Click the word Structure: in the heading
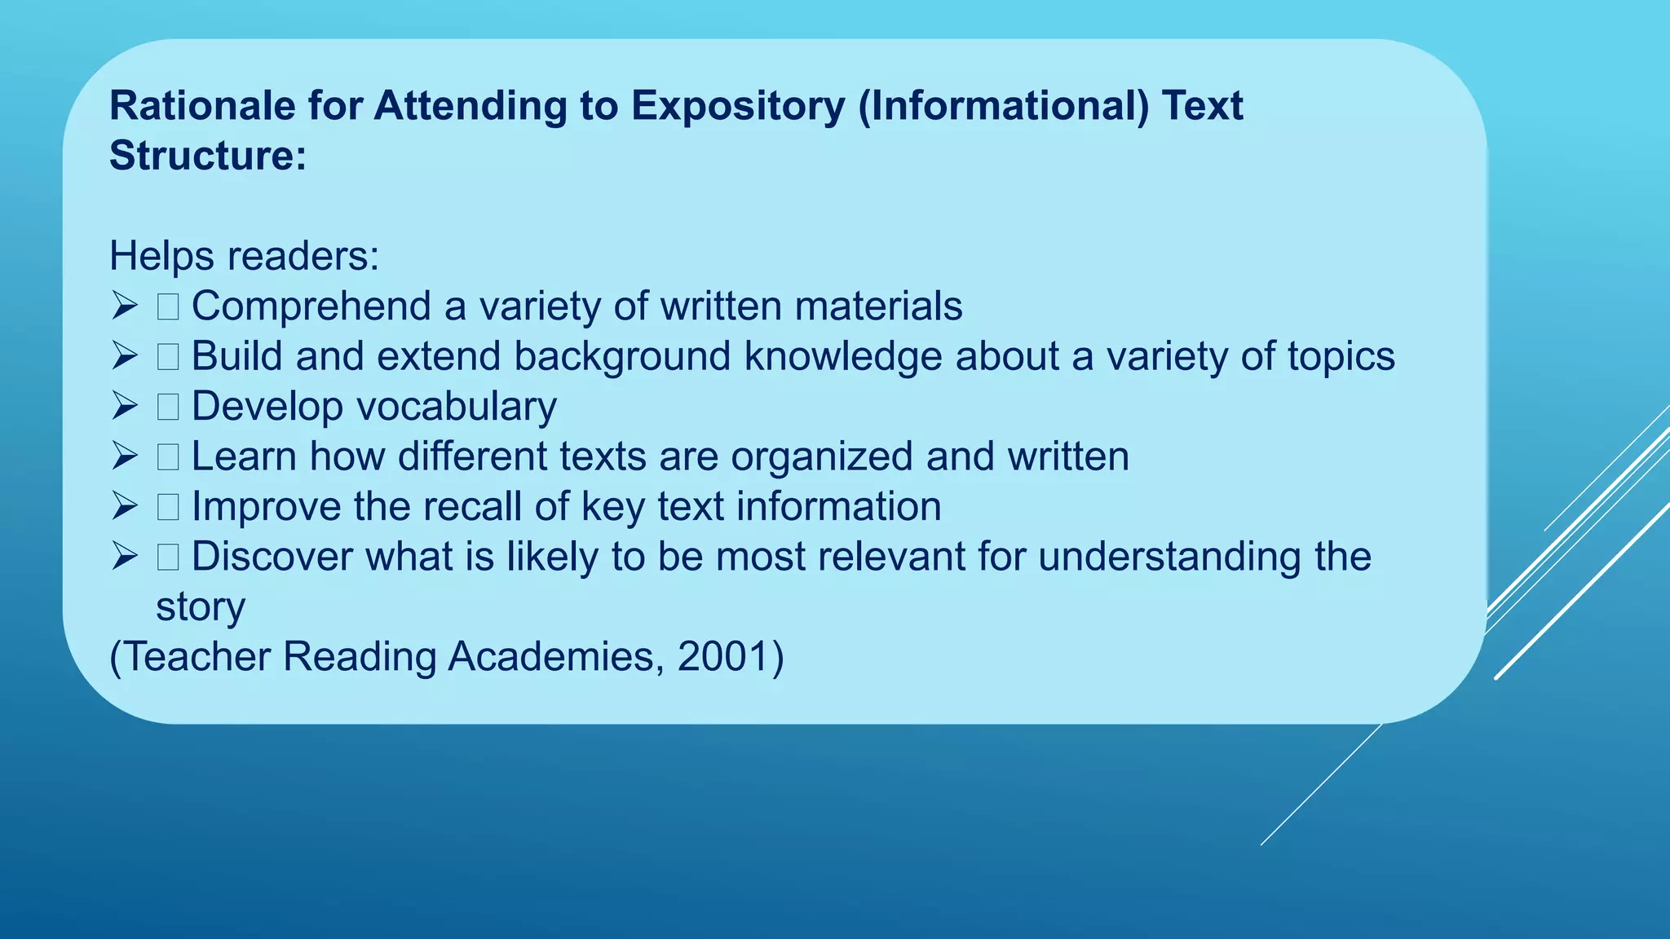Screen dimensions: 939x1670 click(208, 156)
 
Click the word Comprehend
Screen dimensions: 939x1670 click(311, 307)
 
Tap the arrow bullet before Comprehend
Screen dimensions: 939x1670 click(125, 306)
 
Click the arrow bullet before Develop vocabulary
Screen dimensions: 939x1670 click(125, 406)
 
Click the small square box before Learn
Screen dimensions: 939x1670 click(168, 457)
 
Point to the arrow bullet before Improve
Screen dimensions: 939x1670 click(125, 506)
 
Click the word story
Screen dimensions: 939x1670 click(201, 607)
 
